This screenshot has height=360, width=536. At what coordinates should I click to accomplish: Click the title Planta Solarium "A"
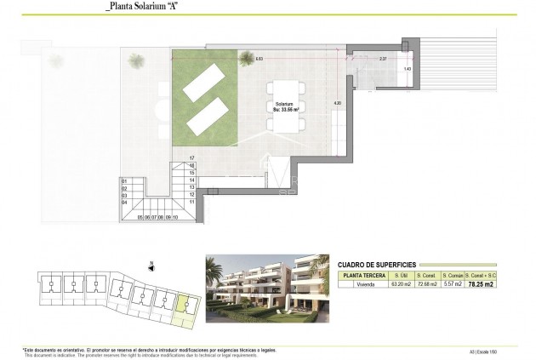(146, 7)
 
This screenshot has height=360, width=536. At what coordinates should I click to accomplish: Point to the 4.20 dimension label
(337, 103)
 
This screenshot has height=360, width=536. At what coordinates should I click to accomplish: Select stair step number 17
(192, 158)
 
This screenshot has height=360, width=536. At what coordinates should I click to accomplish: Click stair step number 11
(192, 203)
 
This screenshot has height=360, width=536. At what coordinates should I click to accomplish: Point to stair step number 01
(125, 180)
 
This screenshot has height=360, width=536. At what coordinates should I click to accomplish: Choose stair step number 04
(125, 202)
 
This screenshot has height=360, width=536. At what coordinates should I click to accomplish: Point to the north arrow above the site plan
(150, 264)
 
